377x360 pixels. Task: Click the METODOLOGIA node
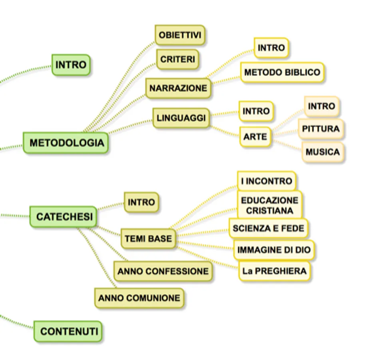pyautogui.click(x=66, y=143)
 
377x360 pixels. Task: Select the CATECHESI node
pyautogui.click(x=64, y=217)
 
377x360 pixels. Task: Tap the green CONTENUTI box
pyautogui.click(x=69, y=331)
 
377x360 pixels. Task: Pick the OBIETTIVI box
pyautogui.click(x=180, y=35)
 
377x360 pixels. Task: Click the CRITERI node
pyautogui.click(x=178, y=59)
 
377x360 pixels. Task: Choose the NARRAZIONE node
pyautogui.click(x=178, y=88)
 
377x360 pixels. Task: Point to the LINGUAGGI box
pyautogui.click(x=181, y=118)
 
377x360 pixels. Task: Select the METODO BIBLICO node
pyautogui.click(x=282, y=72)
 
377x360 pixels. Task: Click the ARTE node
pyautogui.click(x=255, y=137)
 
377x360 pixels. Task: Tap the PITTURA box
pyautogui.click(x=321, y=129)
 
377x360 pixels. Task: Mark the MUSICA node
pyautogui.click(x=322, y=152)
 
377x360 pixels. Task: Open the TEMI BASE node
pyautogui.click(x=148, y=239)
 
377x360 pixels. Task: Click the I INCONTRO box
pyautogui.click(x=266, y=181)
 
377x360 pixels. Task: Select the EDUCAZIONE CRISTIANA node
pyautogui.click(x=269, y=205)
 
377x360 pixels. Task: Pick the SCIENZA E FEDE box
pyautogui.click(x=268, y=228)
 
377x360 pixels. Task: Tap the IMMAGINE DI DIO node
pyautogui.click(x=273, y=250)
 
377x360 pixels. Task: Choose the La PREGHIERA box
pyautogui.click(x=274, y=271)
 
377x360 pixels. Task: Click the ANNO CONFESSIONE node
pyautogui.click(x=163, y=271)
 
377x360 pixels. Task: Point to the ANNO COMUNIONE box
pyautogui.click(x=139, y=298)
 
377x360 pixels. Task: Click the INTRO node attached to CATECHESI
pyautogui.click(x=141, y=202)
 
